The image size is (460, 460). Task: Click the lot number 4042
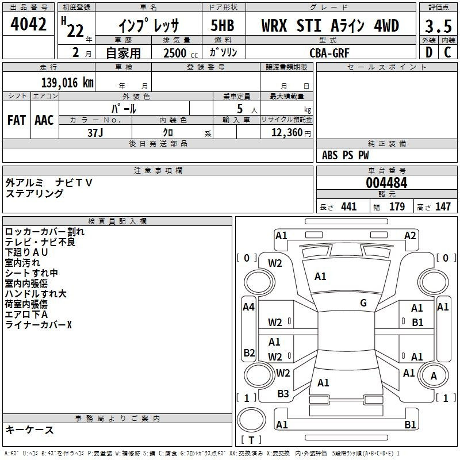[28, 24]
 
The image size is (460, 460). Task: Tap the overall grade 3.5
[438, 26]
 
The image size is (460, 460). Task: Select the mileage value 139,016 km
[67, 83]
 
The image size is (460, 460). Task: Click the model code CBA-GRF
[329, 53]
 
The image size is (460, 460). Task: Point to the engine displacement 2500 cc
[181, 53]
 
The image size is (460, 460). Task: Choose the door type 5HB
[223, 25]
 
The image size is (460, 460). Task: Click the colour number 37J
[95, 133]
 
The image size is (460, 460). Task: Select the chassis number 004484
[386, 183]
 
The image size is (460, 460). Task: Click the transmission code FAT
[17, 120]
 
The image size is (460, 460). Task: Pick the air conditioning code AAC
[44, 120]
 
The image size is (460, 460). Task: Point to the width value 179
[397, 206]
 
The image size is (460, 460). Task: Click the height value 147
[443, 206]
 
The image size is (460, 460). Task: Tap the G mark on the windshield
[363, 302]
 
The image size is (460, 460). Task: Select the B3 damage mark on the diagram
[283, 394]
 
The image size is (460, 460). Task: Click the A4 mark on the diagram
[248, 307]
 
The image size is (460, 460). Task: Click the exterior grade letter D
[429, 52]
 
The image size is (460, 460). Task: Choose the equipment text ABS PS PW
[346, 155]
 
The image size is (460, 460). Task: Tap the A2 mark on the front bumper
[410, 236]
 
